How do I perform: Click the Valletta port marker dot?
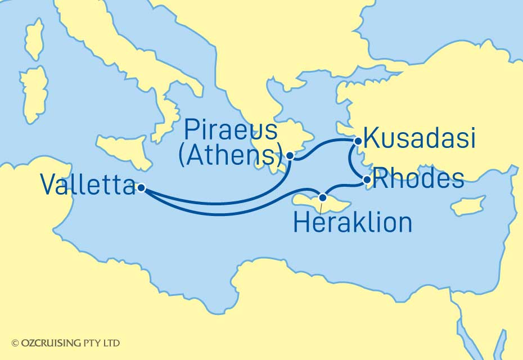(x=141, y=188)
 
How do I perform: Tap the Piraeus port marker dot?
(x=290, y=156)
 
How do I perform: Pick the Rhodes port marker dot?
(x=367, y=181)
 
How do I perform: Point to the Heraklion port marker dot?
(x=322, y=197)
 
